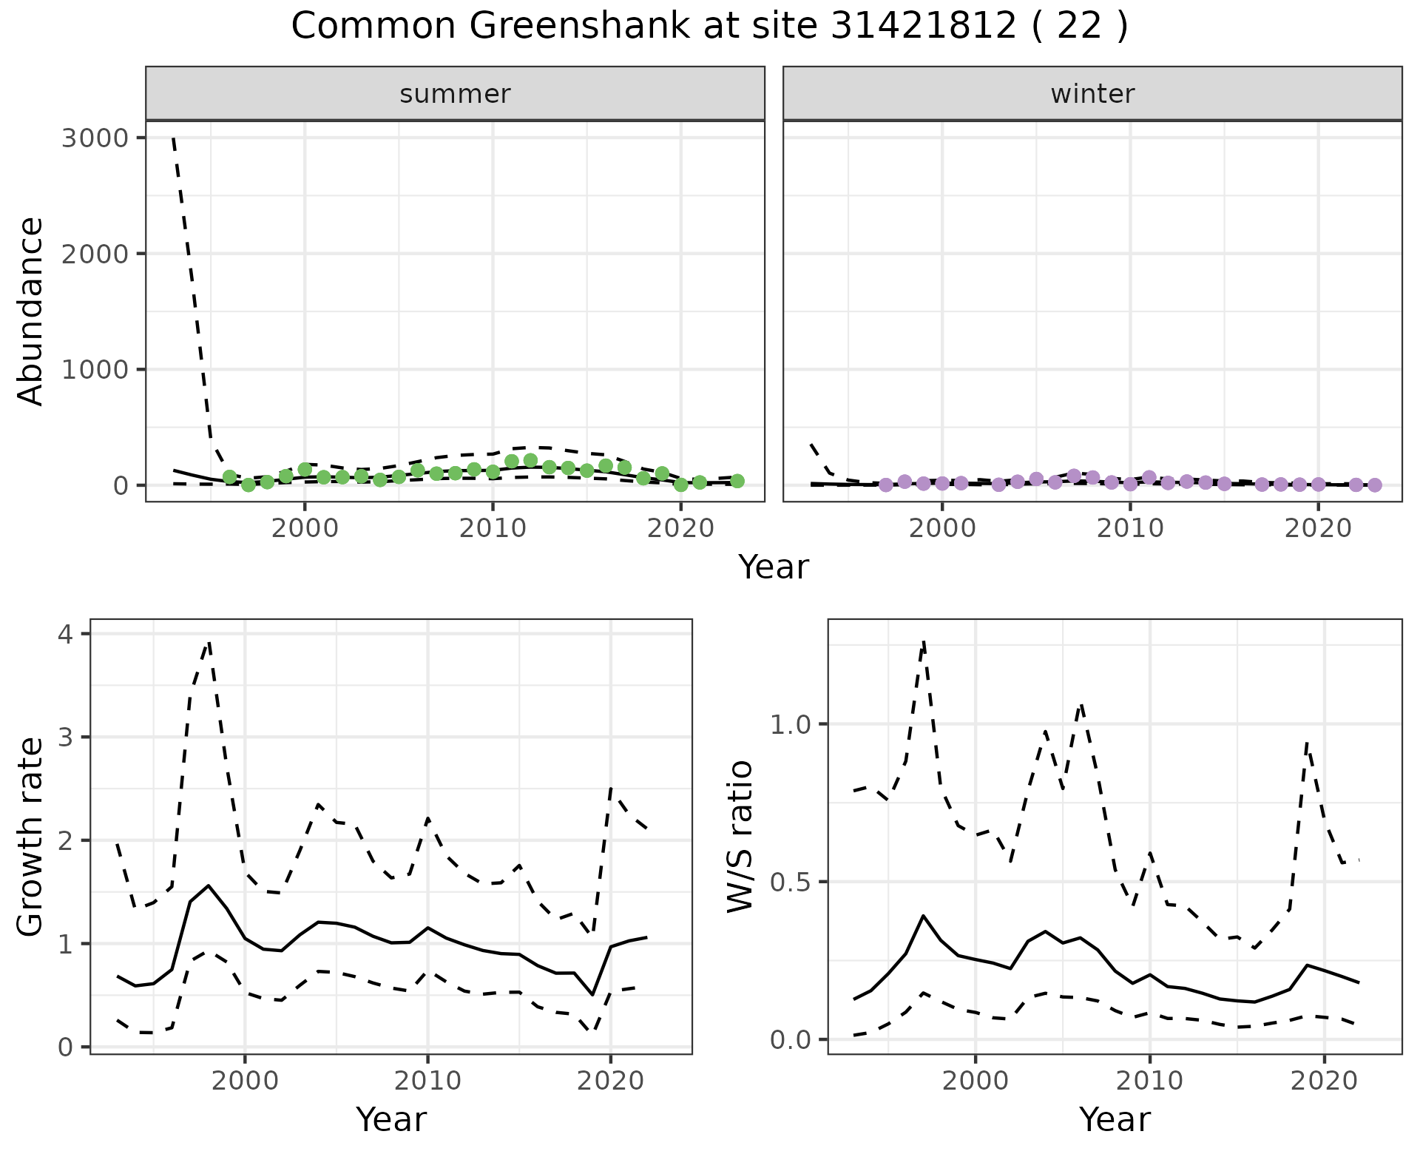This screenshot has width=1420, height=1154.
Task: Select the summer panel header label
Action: (x=455, y=94)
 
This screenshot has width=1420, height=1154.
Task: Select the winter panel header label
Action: (x=1092, y=94)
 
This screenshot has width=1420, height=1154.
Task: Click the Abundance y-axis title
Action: (x=31, y=311)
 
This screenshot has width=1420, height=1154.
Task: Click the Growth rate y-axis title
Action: (x=31, y=837)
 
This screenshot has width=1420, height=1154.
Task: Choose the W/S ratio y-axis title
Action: (x=740, y=837)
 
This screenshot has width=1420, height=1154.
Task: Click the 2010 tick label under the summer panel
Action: (x=492, y=528)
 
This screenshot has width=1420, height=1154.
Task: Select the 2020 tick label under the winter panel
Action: (x=1318, y=528)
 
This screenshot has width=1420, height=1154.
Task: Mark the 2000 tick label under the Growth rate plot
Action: (x=245, y=1081)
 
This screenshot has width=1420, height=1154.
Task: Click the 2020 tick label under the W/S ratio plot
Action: (x=1324, y=1081)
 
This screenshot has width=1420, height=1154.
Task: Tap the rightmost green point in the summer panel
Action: (x=737, y=481)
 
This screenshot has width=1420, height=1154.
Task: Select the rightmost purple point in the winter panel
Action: (x=1374, y=485)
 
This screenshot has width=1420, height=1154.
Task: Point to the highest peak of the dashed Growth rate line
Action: (x=209, y=642)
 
